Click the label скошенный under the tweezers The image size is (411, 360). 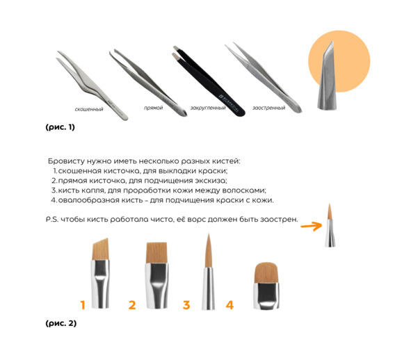click(x=89, y=109)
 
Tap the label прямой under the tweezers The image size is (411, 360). click(x=153, y=108)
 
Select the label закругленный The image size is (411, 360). click(x=208, y=108)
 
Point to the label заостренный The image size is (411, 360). click(x=268, y=108)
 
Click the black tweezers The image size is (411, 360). click(x=209, y=81)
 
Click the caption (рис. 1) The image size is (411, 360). click(x=60, y=127)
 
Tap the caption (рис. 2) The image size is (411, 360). click(x=61, y=323)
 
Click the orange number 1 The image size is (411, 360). click(x=83, y=305)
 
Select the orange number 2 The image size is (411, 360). click(x=132, y=305)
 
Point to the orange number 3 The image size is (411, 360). click(x=186, y=305)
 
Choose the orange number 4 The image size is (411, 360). click(x=229, y=305)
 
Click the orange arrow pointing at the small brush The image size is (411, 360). click(x=312, y=226)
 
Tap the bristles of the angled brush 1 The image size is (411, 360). click(x=101, y=249)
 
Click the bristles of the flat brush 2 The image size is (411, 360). click(x=156, y=252)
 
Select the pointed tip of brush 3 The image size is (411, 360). click(x=209, y=234)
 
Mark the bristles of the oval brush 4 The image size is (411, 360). click(x=266, y=272)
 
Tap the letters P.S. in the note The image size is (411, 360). click(x=52, y=220)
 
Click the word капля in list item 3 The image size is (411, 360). click(x=92, y=190)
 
